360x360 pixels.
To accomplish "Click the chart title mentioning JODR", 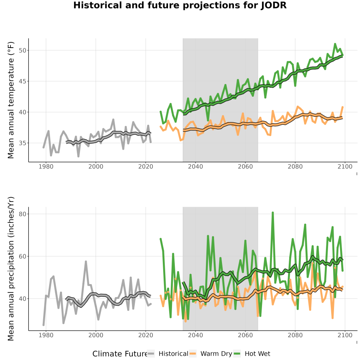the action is click(x=180, y=5).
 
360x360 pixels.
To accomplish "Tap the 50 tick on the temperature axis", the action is click(x=22, y=50).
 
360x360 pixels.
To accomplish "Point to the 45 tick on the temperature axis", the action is click(x=22, y=81).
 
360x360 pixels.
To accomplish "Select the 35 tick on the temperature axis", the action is click(x=22, y=143).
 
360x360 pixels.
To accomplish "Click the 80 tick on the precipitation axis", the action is click(x=22, y=214).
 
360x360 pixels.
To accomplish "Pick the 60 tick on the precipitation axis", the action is click(x=22, y=256).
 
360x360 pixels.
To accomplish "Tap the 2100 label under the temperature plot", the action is click(x=345, y=166).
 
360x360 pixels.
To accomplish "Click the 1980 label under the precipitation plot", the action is click(x=46, y=335).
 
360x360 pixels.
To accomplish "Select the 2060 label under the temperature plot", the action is click(x=245, y=166).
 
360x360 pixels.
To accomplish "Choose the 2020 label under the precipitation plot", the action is click(x=146, y=335).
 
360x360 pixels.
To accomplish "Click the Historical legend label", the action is click(x=173, y=354).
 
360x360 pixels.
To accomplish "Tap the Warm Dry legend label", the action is click(x=216, y=354).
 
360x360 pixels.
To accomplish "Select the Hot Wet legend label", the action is click(x=257, y=354).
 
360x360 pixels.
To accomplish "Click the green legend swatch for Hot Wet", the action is click(x=237, y=354).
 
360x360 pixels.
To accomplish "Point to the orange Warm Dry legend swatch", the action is click(x=193, y=354).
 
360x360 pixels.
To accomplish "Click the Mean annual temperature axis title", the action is click(x=11, y=100).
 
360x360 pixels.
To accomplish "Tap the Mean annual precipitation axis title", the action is click(x=11, y=269).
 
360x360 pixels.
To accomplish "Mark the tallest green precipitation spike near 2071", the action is click(x=272, y=213).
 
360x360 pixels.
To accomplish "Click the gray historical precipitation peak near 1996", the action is click(x=86, y=262).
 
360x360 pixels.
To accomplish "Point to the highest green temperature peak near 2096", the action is click(x=335, y=44).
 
